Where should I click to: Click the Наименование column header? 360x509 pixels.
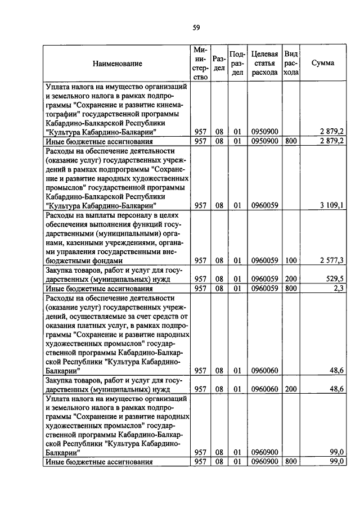[x=118, y=64]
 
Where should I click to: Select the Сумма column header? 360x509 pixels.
[x=323, y=63]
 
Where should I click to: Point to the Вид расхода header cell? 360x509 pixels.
[x=291, y=63]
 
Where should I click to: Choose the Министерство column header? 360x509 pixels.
[x=200, y=63]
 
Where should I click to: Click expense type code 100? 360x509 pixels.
[x=290, y=261]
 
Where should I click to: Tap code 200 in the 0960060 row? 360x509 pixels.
[x=290, y=389]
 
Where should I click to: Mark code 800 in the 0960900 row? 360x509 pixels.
[x=290, y=462]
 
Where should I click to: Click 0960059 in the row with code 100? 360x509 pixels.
[x=264, y=261]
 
